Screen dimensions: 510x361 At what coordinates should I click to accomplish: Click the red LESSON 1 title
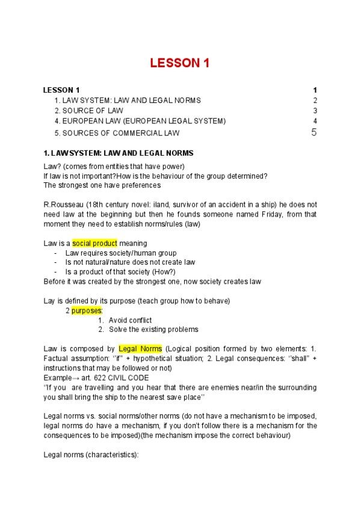click(180, 63)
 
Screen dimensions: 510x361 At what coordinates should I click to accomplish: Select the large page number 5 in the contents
click(314, 132)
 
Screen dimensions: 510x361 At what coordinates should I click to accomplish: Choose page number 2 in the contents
click(315, 100)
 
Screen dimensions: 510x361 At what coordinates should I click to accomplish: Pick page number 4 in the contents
click(315, 121)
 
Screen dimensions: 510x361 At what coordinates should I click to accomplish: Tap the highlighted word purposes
click(87, 310)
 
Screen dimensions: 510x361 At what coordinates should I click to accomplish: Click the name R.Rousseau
click(64, 204)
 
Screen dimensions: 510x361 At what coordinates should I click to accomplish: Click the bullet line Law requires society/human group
click(120, 253)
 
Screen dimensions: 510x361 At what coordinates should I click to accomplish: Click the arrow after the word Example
click(74, 377)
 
